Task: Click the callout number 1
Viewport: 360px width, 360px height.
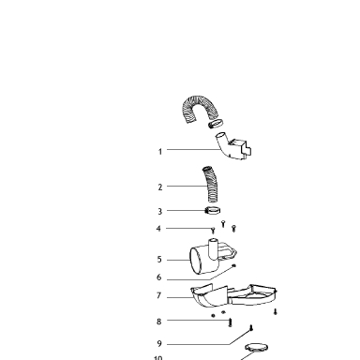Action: pyautogui.click(x=160, y=152)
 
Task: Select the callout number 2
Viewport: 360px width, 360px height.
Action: pyautogui.click(x=160, y=187)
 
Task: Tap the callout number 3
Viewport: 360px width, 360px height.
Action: pyautogui.click(x=160, y=212)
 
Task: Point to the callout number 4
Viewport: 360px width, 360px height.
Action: pyautogui.click(x=158, y=229)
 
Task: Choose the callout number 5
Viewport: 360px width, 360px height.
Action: pyautogui.click(x=159, y=260)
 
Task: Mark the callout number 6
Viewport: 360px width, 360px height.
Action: pyautogui.click(x=159, y=277)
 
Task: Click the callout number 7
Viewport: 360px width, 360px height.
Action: pyautogui.click(x=159, y=295)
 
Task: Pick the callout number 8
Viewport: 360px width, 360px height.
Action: pyautogui.click(x=159, y=322)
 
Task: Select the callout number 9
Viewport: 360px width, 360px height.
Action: pyautogui.click(x=159, y=344)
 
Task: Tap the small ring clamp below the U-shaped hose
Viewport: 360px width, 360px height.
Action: pyautogui.click(x=216, y=124)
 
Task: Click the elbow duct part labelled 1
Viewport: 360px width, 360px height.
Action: pyautogui.click(x=232, y=147)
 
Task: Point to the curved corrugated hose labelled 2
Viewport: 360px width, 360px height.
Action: pyautogui.click(x=210, y=185)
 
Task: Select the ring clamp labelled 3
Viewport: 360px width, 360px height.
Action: pyautogui.click(x=213, y=211)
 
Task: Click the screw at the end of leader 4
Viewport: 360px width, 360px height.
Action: pyautogui.click(x=213, y=231)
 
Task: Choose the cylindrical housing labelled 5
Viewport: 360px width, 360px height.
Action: pyautogui.click(x=211, y=258)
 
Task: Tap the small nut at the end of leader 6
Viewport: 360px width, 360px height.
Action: pyautogui.click(x=233, y=266)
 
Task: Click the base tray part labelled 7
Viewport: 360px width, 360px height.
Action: pyautogui.click(x=233, y=295)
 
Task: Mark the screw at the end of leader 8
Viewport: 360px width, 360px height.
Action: pyautogui.click(x=231, y=322)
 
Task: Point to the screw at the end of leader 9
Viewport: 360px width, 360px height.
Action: pyautogui.click(x=251, y=328)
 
